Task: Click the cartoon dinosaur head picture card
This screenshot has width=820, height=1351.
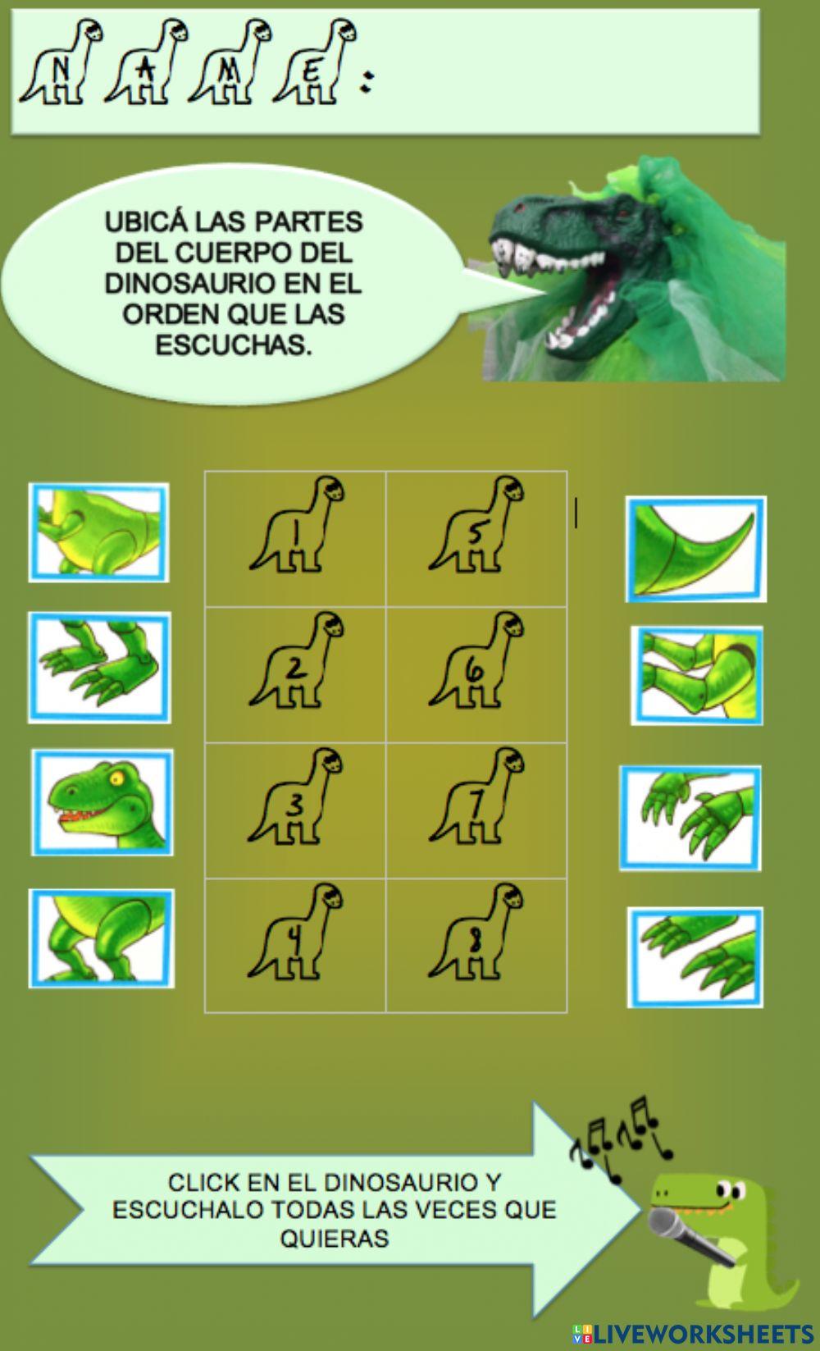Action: [x=102, y=802]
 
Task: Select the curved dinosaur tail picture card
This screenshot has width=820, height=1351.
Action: [x=695, y=549]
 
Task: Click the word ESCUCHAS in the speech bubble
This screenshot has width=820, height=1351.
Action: [x=234, y=345]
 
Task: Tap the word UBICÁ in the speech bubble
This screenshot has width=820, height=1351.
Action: [x=135, y=222]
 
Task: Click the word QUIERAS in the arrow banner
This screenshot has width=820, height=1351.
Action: [x=335, y=1238]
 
